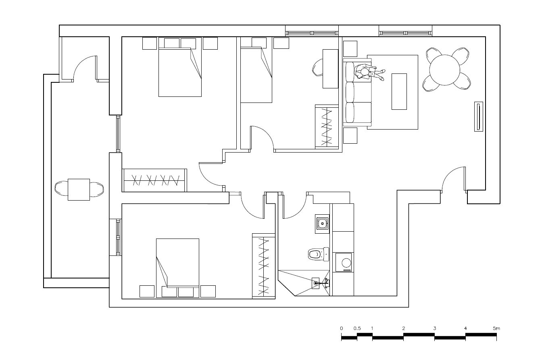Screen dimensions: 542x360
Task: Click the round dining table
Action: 444,70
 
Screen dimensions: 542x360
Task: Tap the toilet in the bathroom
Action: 319,254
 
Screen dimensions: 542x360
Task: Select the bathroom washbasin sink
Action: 322,224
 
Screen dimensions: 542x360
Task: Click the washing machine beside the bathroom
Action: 343,262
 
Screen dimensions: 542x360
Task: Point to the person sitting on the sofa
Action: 368,72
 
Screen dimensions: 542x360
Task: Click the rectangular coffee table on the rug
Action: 399,92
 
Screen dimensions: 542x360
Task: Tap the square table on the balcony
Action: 79,190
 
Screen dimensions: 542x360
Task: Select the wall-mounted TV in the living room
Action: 478,117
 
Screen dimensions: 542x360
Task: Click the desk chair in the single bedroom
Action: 318,68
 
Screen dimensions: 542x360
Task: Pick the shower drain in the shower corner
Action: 315,283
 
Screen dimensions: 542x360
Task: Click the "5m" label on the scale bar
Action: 496,329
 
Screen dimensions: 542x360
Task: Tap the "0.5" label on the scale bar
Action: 357,329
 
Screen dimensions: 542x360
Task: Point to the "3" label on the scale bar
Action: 435,329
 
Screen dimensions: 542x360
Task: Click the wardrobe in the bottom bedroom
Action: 263,266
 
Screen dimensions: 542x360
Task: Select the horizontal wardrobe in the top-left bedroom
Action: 154,180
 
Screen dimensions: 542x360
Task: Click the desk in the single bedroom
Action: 330,69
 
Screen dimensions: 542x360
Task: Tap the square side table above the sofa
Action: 350,49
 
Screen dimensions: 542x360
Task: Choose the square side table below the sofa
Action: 350,136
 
